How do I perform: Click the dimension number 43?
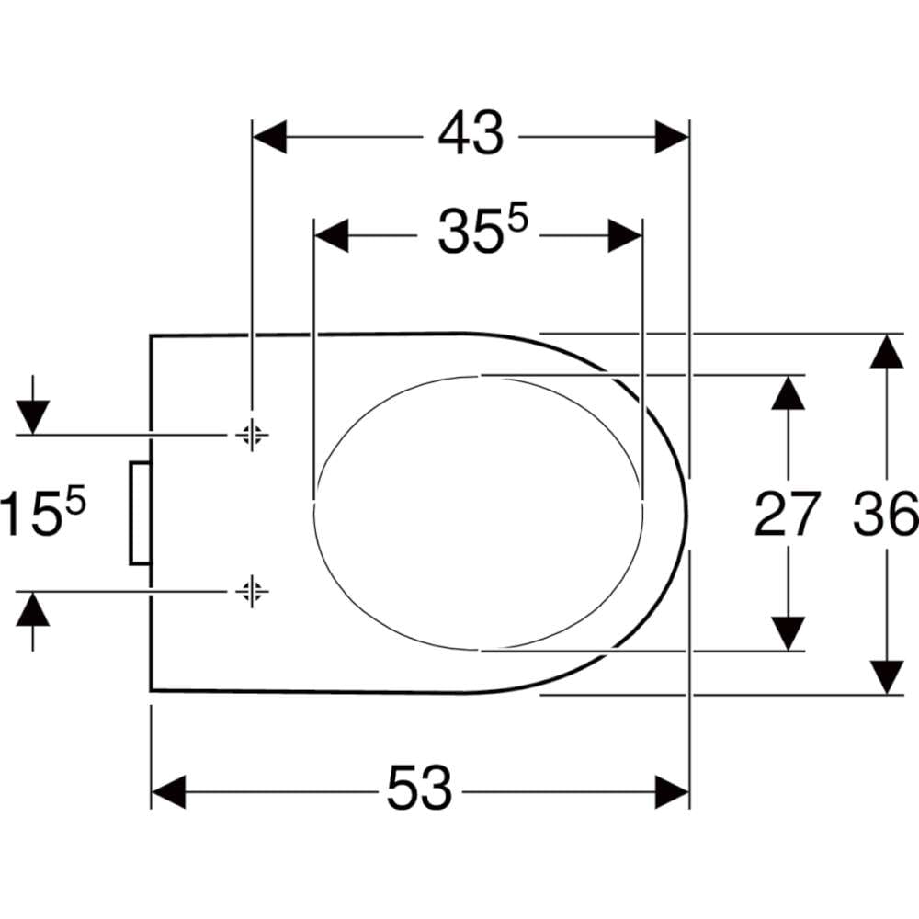[471, 133]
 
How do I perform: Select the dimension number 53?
[420, 788]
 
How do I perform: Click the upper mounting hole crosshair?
[252, 435]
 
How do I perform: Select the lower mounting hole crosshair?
[252, 591]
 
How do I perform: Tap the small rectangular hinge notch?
[140, 513]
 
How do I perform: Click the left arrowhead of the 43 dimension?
[269, 137]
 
